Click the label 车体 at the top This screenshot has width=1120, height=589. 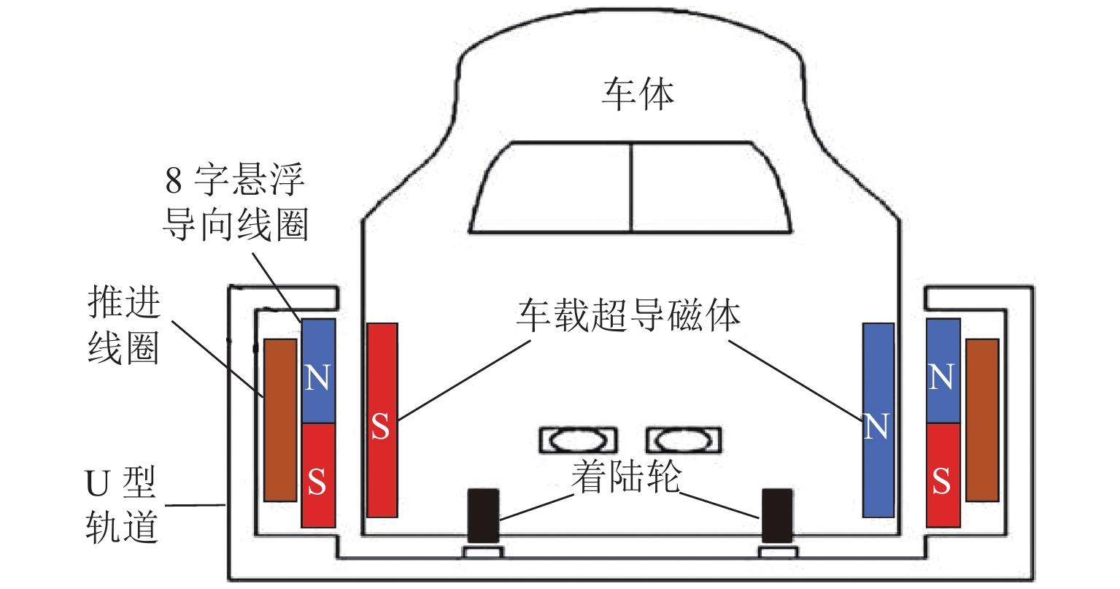(637, 93)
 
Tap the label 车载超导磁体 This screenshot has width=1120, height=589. (628, 315)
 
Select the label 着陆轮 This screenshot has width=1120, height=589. (626, 476)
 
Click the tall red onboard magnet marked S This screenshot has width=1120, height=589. (382, 420)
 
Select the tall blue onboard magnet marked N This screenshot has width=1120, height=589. (878, 420)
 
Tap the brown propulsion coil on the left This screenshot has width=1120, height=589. (280, 420)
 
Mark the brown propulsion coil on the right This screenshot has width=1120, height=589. (981, 420)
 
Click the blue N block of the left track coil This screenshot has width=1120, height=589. (318, 371)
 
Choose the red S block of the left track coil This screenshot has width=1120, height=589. (318, 475)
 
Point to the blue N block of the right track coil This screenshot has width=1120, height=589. (942, 371)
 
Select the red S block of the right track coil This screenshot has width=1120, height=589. (942, 475)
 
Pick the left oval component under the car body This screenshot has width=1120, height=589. (577, 440)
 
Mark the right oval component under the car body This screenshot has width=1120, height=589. (683, 440)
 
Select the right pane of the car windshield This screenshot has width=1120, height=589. (708, 188)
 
